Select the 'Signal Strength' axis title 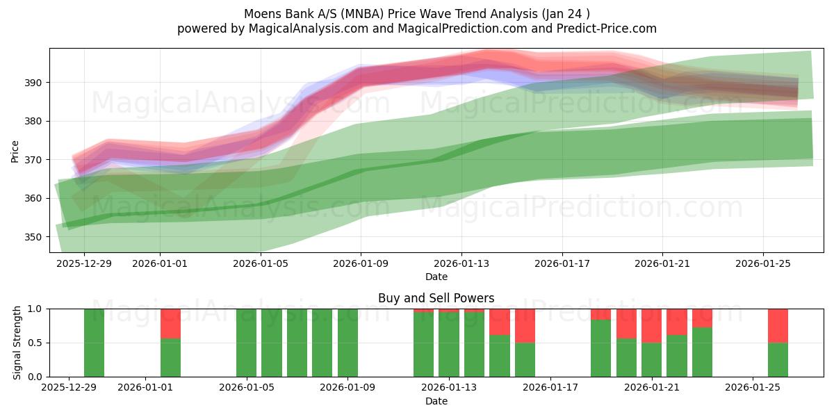coord(17,343)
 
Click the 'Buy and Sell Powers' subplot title coord(436,298)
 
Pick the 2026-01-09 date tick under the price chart coord(361,263)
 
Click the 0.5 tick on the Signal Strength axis coord(35,343)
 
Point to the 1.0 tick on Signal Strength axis coord(35,309)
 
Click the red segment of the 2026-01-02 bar coord(170,323)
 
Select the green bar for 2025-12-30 coord(95,343)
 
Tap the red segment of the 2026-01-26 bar coord(778,325)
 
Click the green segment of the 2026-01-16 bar coord(525,359)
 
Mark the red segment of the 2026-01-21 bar coord(651,325)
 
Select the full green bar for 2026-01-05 coord(246,343)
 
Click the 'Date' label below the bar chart coord(436,401)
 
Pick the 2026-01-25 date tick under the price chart coord(763,263)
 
